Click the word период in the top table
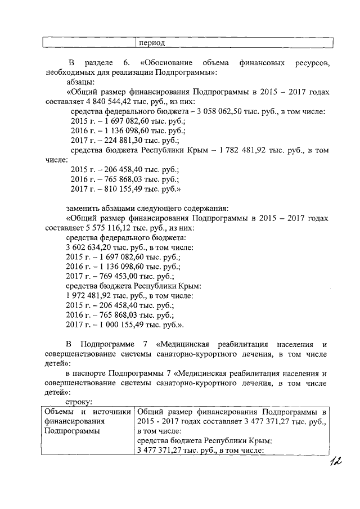coord(152,43)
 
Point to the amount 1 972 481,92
coord(90,295)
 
